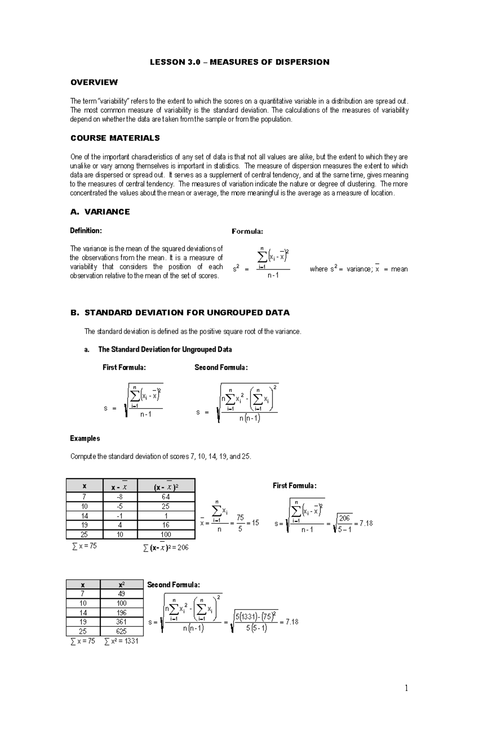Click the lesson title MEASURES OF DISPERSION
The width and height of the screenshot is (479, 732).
(x=239, y=62)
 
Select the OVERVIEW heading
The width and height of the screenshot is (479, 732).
(x=94, y=82)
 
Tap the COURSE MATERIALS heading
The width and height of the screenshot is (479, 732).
(x=115, y=138)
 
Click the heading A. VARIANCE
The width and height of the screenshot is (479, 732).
(x=100, y=212)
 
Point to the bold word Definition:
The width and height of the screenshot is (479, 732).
(x=86, y=231)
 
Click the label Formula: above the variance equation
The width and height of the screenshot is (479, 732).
(x=247, y=231)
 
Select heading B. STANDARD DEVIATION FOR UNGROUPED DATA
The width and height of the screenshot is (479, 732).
(x=180, y=313)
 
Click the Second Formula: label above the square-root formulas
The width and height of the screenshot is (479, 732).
(x=221, y=367)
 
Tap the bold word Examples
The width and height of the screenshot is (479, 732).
(x=85, y=438)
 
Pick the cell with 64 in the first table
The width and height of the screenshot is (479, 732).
(x=166, y=497)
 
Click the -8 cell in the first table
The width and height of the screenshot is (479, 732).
(x=120, y=497)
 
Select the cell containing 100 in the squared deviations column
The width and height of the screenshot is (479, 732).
(x=166, y=535)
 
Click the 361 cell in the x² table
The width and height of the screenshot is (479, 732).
(x=121, y=622)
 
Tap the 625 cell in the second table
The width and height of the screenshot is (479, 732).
(x=121, y=631)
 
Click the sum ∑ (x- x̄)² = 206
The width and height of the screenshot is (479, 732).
(x=165, y=548)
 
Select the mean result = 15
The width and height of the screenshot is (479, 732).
(x=253, y=523)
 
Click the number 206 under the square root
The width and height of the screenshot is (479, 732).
(x=344, y=518)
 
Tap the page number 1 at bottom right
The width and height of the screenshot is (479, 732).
(x=406, y=688)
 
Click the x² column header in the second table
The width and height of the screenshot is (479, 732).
(x=121, y=584)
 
